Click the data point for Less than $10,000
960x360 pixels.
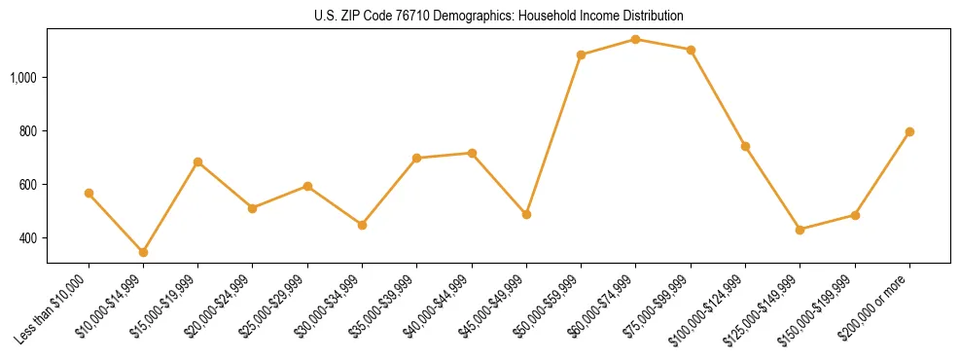[89, 193]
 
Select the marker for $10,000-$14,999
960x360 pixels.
[143, 252]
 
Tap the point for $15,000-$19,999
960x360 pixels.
[197, 162]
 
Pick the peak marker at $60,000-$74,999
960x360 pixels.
[635, 39]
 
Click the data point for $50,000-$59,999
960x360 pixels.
[581, 54]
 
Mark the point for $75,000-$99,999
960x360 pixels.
[691, 50]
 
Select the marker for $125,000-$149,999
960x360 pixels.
[800, 230]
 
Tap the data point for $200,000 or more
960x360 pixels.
[909, 131]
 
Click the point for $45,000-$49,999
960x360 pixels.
[526, 214]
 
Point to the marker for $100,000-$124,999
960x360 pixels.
[745, 146]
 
